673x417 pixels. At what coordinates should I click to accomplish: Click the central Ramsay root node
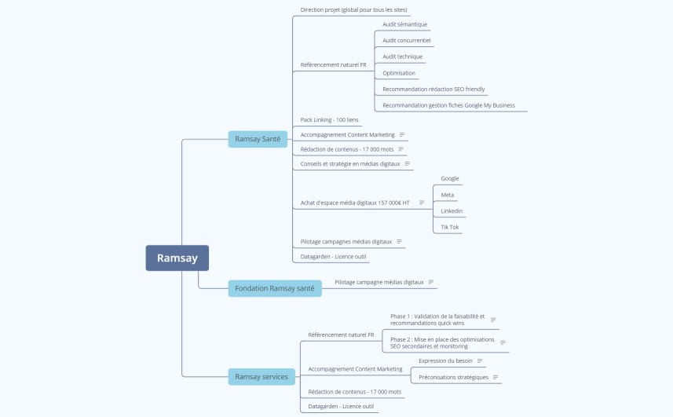pos(177,258)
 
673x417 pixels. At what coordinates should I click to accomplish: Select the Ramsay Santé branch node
pos(257,139)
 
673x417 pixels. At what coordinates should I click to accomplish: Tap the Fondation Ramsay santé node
pos(274,288)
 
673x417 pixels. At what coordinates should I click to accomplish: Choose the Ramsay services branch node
pos(262,377)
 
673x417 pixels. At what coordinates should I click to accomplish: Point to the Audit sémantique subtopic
pos(404,24)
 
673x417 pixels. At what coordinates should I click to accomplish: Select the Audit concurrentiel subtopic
pos(406,40)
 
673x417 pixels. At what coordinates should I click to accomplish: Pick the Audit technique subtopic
pos(402,57)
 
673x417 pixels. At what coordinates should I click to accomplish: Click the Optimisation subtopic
pos(399,73)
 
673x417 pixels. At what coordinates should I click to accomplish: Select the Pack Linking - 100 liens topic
pos(329,119)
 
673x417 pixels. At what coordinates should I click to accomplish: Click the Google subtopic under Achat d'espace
pos(449,178)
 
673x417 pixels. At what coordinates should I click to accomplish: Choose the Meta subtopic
pos(447,195)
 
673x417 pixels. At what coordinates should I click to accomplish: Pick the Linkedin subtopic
pos(452,211)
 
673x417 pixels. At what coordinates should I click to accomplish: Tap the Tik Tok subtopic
pos(449,227)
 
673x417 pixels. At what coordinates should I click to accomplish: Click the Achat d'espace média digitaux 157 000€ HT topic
pos(355,203)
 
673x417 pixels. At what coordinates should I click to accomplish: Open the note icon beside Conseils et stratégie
pos(408,164)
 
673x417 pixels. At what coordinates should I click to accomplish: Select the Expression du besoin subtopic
pos(445,360)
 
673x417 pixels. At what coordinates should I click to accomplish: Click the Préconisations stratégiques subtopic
pos(453,377)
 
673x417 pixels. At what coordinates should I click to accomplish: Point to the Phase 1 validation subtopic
pos(437,320)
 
